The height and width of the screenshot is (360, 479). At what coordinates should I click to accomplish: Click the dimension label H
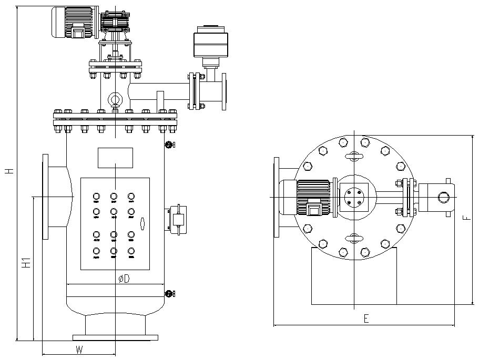8,171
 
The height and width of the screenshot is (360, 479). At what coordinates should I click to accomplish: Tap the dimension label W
79,349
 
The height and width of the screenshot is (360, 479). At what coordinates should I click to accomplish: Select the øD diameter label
123,279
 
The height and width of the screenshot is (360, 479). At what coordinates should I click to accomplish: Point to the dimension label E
366,318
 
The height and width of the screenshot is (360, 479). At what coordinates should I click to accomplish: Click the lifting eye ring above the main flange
115,99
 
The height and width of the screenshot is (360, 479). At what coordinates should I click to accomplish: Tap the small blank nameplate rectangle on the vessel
115,158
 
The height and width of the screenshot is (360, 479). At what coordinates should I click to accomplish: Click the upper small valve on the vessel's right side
169,145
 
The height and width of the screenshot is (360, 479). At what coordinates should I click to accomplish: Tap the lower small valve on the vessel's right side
169,294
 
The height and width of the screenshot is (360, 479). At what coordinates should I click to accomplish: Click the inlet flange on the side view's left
46,197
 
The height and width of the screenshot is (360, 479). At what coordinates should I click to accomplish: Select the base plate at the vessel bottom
115,337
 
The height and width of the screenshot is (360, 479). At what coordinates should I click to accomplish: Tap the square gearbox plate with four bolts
354,197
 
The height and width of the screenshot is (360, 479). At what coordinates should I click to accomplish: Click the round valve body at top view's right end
443,198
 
